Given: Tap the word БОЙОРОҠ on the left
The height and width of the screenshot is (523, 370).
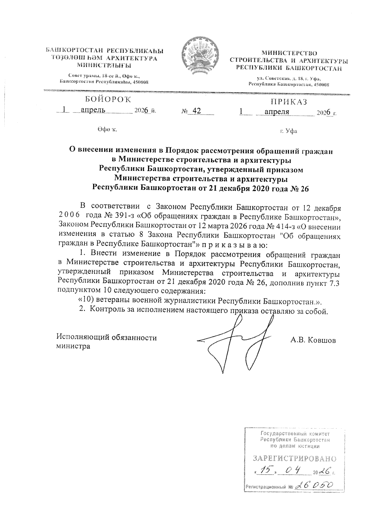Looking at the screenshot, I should (x=108, y=100).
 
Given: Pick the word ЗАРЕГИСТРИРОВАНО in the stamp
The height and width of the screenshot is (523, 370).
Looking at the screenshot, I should (x=294, y=458).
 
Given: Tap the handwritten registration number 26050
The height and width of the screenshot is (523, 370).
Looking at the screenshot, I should (x=314, y=485).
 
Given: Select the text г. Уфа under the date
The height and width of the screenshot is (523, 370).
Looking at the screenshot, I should (x=289, y=131).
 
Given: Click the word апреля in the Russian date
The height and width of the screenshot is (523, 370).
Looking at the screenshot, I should (x=277, y=112).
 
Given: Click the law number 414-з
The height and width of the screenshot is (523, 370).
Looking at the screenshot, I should (x=286, y=227).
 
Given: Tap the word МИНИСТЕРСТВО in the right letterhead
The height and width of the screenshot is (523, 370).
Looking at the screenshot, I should (x=289, y=53).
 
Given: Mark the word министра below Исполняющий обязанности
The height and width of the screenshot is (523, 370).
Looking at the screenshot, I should (x=73, y=346).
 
